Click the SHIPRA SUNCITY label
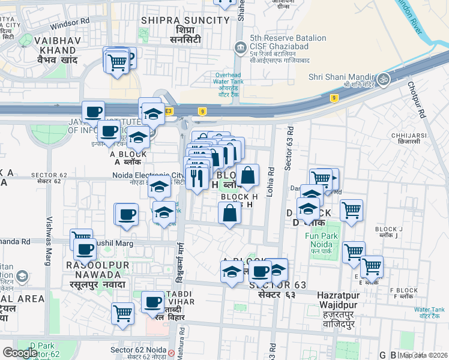pos(185,20)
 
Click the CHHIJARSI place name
pos(408,136)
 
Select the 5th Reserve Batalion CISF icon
pos(241,47)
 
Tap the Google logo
pos(19,353)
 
